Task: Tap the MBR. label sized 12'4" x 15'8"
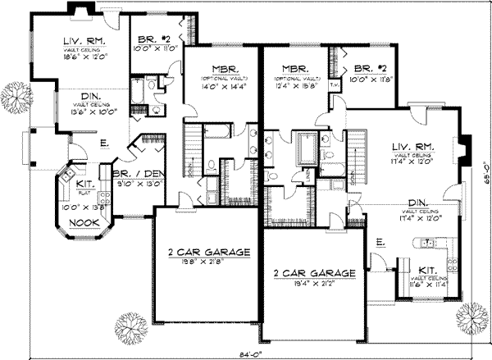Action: tap(293, 70)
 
